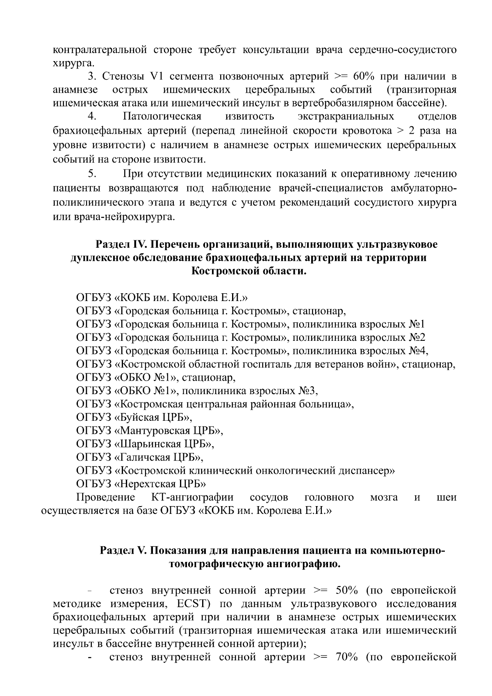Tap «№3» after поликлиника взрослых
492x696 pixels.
coord(305,390)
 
